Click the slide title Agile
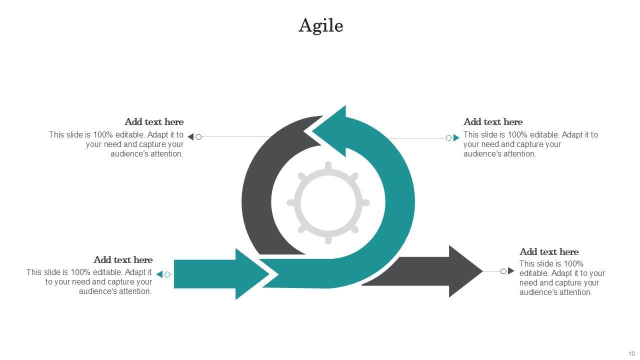320,25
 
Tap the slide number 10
631,354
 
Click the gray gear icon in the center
328,202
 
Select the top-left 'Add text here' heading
154,122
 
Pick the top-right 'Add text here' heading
493,122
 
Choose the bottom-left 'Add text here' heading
123,260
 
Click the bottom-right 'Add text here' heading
549,252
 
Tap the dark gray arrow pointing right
440,271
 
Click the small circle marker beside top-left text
198,137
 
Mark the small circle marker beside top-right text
449,138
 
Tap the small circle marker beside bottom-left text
167,274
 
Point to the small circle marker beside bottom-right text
503,271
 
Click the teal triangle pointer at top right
456,138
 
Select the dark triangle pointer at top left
191,137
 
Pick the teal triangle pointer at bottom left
160,274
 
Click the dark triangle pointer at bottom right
510,271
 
